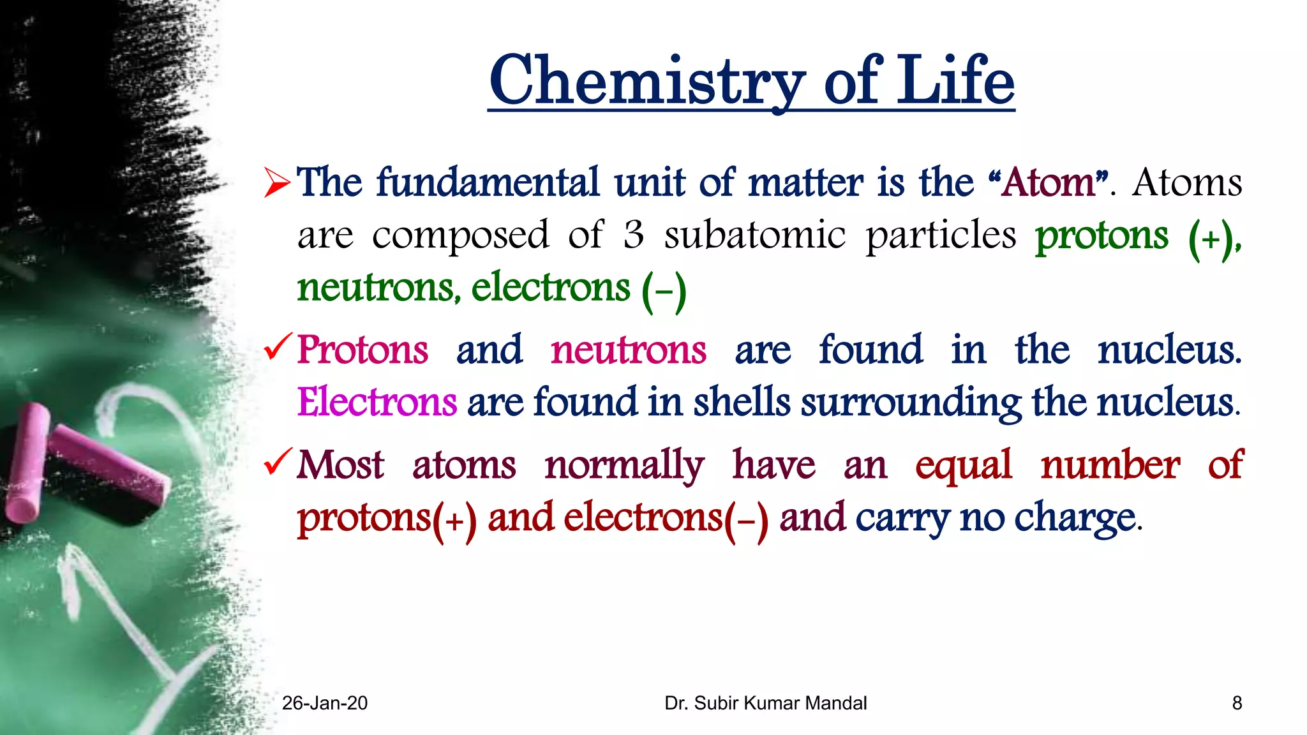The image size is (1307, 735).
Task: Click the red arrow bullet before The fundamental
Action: click(278, 183)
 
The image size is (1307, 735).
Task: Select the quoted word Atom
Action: click(1049, 183)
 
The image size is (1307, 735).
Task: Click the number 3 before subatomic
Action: click(633, 235)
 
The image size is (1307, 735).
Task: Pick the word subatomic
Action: click(754, 235)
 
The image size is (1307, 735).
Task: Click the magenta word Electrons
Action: click(377, 402)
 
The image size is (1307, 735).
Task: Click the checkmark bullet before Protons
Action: click(278, 347)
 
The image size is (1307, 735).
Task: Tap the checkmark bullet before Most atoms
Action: click(278, 462)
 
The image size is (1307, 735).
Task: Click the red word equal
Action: click(963, 466)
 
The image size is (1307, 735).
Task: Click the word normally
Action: click(624, 466)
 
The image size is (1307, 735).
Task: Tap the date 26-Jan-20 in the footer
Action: click(324, 703)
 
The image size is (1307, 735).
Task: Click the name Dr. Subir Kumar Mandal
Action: click(765, 703)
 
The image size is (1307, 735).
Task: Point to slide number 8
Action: click(1237, 703)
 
